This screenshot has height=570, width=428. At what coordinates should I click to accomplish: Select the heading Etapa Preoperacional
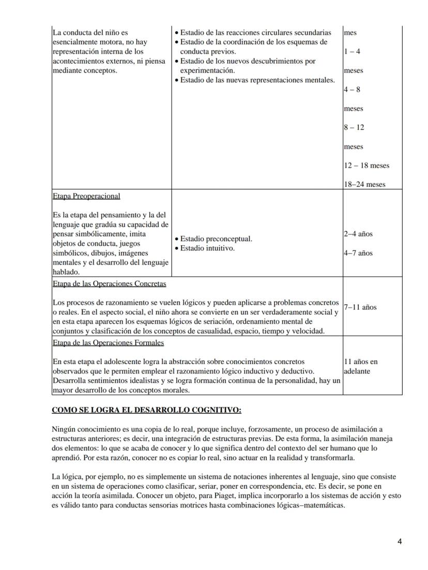click(x=86, y=196)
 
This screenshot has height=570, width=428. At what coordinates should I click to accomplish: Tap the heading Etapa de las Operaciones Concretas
click(x=109, y=284)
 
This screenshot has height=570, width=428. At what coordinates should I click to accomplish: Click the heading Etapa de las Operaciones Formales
click(x=108, y=342)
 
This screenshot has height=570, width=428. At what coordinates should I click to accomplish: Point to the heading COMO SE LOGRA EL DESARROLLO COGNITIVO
click(x=146, y=410)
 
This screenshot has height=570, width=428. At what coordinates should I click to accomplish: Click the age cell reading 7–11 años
click(x=360, y=307)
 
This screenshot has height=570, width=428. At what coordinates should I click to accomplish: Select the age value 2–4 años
click(x=358, y=234)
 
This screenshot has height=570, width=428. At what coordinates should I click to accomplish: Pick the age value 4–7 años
click(x=358, y=253)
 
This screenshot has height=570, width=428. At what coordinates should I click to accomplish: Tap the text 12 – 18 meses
click(x=366, y=166)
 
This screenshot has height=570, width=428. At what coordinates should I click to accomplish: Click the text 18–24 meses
click(x=364, y=185)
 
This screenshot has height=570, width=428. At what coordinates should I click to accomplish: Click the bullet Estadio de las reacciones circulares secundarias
click(x=255, y=33)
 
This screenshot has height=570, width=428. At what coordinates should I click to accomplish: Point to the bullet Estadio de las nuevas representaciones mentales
click(x=257, y=80)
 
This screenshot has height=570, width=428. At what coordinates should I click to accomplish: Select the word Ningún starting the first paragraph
click(x=63, y=429)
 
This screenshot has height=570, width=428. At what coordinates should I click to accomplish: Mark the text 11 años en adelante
click(x=360, y=366)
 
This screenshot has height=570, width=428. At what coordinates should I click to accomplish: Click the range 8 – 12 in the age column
click(x=354, y=127)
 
